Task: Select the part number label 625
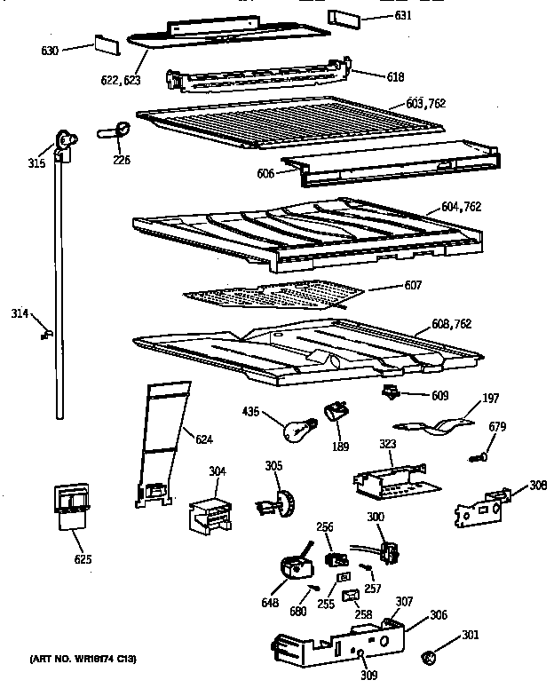(83, 559)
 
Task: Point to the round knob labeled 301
(430, 658)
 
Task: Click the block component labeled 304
(210, 510)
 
